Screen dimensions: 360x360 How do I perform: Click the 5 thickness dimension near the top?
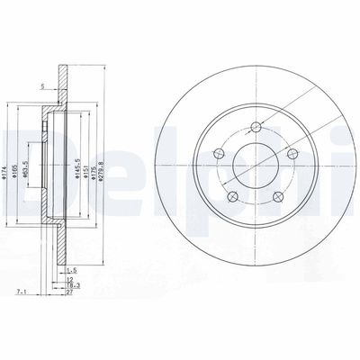coord(41,86)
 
